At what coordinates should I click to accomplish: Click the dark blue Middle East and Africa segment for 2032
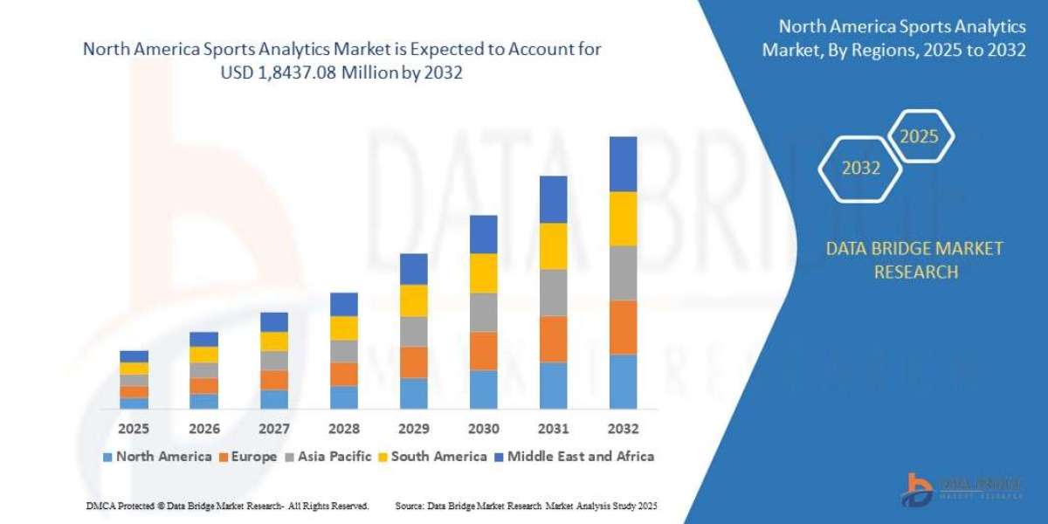click(x=623, y=164)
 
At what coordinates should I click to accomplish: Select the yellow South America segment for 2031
click(x=553, y=246)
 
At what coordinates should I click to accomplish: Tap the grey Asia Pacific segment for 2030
click(x=483, y=312)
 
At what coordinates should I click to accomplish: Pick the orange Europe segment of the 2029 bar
click(x=413, y=362)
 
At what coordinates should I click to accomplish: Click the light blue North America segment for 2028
click(x=343, y=397)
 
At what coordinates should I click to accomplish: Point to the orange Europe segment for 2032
click(x=623, y=327)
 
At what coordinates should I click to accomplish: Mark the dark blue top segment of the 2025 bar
click(x=134, y=356)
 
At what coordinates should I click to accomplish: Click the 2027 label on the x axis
click(x=274, y=429)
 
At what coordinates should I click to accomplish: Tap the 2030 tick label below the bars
click(x=483, y=429)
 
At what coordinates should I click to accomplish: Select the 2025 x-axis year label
click(x=134, y=429)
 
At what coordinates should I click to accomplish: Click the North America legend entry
click(x=157, y=456)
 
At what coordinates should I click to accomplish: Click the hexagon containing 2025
click(x=919, y=136)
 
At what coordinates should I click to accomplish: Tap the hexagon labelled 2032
click(x=860, y=169)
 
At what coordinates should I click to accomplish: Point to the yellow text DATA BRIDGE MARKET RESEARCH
click(x=914, y=260)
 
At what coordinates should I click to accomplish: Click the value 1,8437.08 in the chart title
click(x=315, y=74)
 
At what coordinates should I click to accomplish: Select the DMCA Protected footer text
click(x=227, y=506)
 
